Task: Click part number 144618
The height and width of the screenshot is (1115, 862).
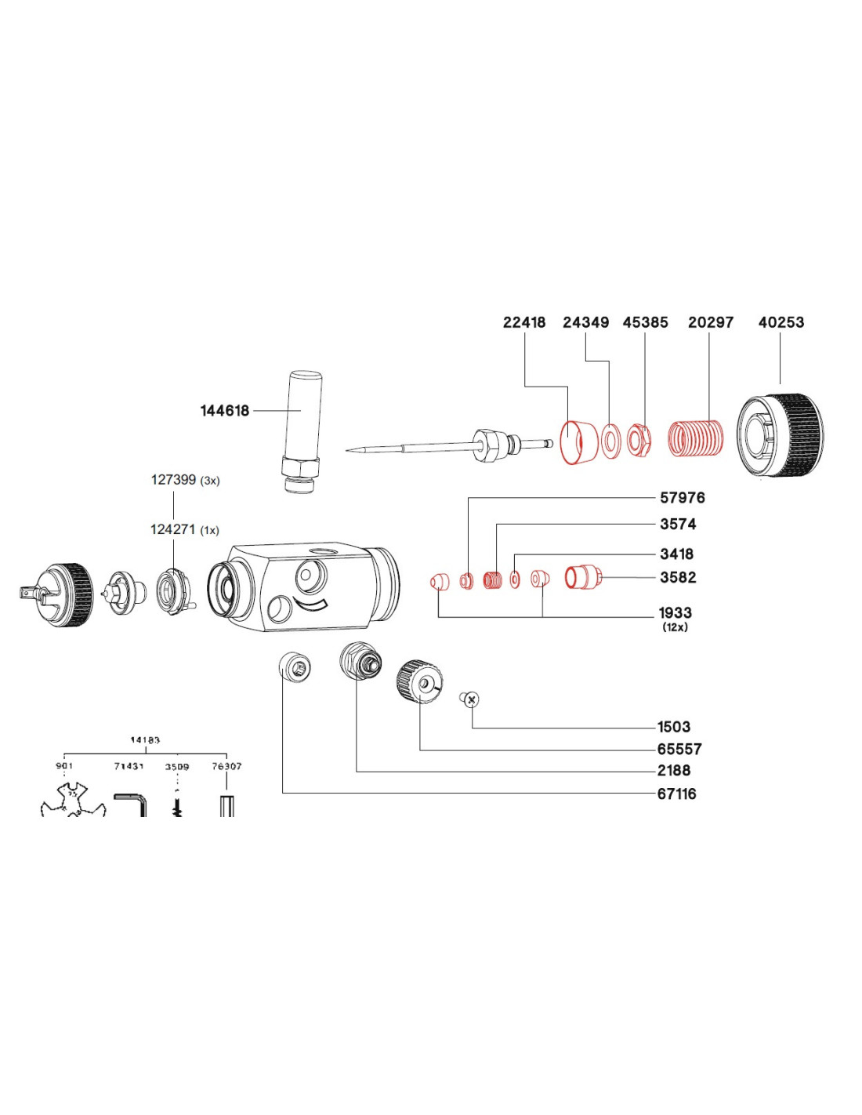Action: coord(225,410)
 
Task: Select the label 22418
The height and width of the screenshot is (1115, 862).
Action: coord(524,322)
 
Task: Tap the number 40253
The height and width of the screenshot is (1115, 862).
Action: coord(781,322)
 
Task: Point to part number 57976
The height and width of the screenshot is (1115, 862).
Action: coord(682,498)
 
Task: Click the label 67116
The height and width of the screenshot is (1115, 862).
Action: coord(676,794)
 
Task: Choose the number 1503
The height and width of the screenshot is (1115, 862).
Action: coord(674,727)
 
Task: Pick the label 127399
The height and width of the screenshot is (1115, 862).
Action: coord(173,480)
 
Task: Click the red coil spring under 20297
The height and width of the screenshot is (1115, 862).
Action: coord(695,439)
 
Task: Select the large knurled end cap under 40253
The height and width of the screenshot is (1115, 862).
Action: coord(781,434)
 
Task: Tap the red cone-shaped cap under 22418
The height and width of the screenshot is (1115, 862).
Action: coord(577,442)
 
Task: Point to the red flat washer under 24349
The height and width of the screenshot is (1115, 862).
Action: coord(610,441)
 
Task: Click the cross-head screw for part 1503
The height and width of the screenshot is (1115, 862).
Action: coord(471,699)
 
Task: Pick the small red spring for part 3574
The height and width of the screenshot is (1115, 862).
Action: coord(492,581)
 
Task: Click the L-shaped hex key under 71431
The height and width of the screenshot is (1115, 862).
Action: coord(132,804)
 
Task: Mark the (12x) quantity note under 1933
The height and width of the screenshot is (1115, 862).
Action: coord(675,627)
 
